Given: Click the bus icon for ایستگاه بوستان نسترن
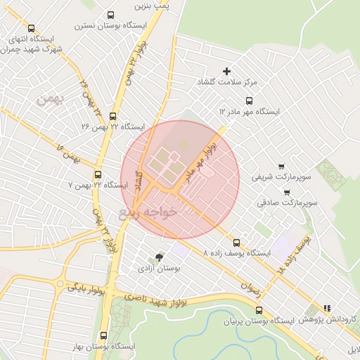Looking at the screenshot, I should click(x=110, y=15).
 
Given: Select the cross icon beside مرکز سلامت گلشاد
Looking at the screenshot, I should click(x=226, y=71).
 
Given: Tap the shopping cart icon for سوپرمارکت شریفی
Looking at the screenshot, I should click(x=281, y=167).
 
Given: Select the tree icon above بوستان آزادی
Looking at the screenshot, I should click(x=159, y=257).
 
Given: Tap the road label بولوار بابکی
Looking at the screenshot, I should click(x=86, y=287).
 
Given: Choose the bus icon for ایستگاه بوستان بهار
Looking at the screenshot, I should click(x=104, y=335).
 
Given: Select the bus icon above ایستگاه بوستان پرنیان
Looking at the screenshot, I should click(x=258, y=309).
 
